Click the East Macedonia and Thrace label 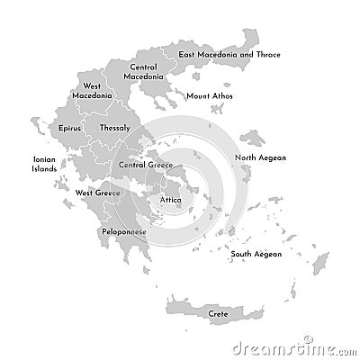tap(229, 55)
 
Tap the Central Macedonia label tap(144, 71)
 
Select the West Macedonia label tap(92, 91)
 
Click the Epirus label tap(70, 128)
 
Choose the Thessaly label tap(115, 128)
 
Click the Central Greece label tap(146, 166)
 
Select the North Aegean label tap(260, 157)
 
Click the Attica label tap(170, 199)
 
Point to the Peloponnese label tap(124, 231)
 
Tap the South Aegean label tap(256, 254)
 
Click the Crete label tap(218, 313)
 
